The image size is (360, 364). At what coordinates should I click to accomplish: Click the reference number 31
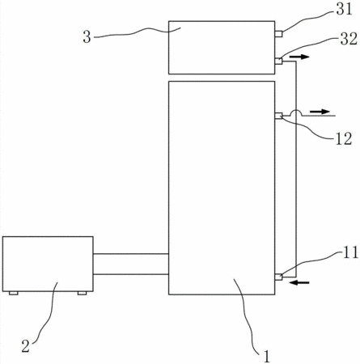344,10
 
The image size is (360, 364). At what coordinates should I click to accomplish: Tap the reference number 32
349,39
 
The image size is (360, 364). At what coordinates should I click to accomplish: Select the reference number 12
344,139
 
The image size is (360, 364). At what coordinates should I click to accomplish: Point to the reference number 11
350,253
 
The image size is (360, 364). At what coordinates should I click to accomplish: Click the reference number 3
87,37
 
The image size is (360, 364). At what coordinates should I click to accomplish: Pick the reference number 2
26,346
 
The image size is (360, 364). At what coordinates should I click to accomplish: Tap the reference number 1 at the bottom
266,357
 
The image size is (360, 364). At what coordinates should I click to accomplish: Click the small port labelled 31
278,34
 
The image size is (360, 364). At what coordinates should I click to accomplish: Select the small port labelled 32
278,61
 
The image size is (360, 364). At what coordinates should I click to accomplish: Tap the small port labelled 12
278,116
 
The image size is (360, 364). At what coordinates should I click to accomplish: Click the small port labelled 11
278,277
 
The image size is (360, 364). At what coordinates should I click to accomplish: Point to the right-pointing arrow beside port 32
299,57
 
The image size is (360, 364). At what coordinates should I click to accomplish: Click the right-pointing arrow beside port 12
320,112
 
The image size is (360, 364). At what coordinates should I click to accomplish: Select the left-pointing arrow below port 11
299,282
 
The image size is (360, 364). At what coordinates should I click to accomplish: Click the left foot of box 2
14,293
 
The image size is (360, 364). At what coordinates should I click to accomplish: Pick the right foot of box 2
82,293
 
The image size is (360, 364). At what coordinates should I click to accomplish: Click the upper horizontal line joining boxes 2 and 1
131,254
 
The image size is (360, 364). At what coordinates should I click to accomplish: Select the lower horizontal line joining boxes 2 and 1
131,274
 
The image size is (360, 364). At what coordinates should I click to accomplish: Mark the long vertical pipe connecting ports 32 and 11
296,169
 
